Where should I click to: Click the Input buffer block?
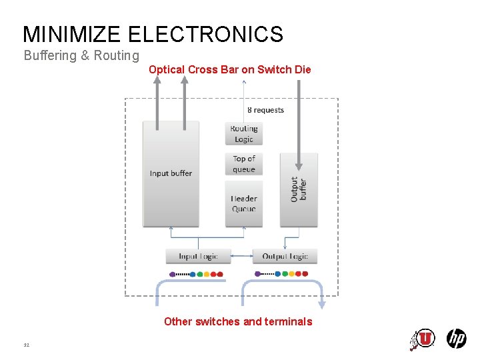[171, 173]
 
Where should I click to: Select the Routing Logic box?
[244, 134]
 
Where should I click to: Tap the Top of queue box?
[244, 164]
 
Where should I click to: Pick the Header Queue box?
[244, 203]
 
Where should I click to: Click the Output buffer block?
[299, 189]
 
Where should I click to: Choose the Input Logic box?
[198, 256]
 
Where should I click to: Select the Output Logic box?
[285, 256]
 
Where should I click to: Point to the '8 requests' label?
[265, 110]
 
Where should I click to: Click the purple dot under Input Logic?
[172, 274]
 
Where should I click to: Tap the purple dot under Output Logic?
[258, 273]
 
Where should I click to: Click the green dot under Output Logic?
[285, 273]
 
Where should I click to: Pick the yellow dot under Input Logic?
[207, 274]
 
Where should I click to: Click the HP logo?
[457, 339]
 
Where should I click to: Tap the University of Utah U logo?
[424, 339]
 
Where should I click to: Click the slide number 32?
[27, 345]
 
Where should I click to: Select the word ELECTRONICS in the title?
[205, 34]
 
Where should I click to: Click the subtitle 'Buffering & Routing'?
[81, 55]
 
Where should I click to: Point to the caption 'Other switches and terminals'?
[238, 321]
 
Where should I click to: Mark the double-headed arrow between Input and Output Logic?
[241, 256]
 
